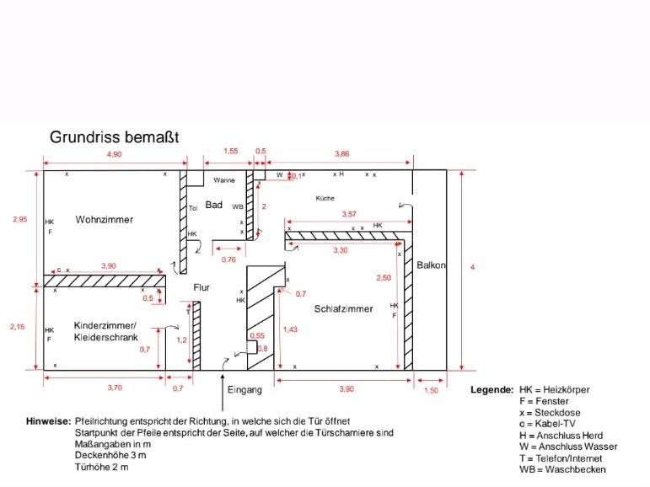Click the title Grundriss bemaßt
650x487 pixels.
click(114, 136)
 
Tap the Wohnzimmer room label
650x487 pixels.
click(105, 220)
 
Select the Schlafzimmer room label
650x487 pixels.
click(343, 309)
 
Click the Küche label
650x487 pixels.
click(325, 198)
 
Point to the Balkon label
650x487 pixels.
click(431, 265)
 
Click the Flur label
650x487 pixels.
click(201, 287)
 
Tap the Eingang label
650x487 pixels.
click(244, 389)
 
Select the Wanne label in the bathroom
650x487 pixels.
click(224, 180)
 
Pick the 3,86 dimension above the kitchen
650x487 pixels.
click(342, 154)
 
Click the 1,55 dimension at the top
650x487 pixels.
click(230, 151)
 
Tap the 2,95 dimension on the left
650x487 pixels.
click(19, 220)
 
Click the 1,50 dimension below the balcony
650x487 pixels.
click(431, 390)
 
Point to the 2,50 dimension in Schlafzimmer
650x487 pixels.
click(384, 277)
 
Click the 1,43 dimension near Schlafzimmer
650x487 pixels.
click(291, 329)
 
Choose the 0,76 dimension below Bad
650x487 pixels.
click(228, 260)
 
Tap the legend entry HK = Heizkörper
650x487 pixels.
click(554, 390)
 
